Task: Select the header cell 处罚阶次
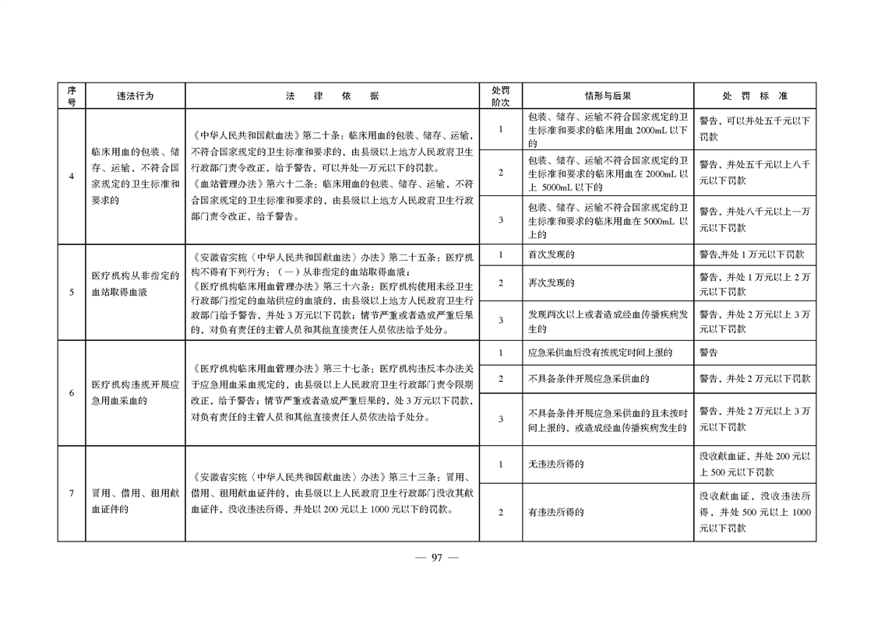coord(500,96)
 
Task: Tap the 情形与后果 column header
coord(607,96)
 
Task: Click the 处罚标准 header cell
coord(754,96)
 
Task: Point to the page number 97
coord(437,557)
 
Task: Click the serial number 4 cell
coord(71,177)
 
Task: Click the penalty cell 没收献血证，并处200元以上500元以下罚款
coord(754,465)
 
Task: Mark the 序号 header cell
coord(71,96)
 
